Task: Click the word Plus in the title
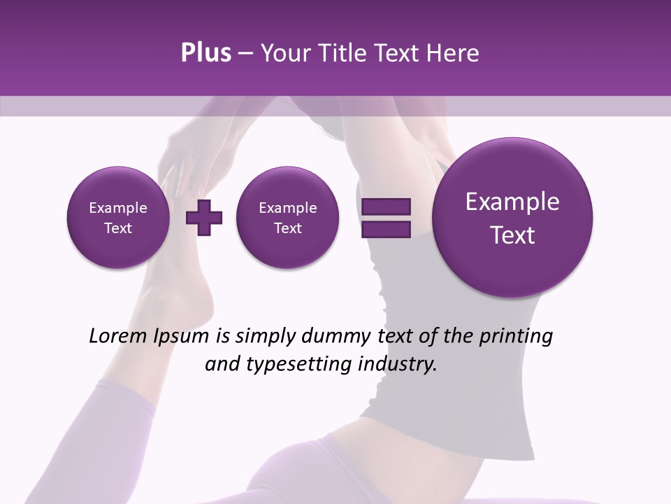[205, 53]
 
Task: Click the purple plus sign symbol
[204, 217]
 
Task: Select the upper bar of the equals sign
[386, 206]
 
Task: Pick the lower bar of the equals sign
[386, 230]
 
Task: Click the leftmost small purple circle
[118, 217]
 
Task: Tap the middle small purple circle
[287, 217]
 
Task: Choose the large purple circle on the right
[512, 217]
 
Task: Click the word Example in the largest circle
[512, 202]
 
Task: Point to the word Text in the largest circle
[512, 235]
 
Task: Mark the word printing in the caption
[516, 337]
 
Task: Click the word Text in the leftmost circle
[118, 228]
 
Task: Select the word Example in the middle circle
[287, 208]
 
